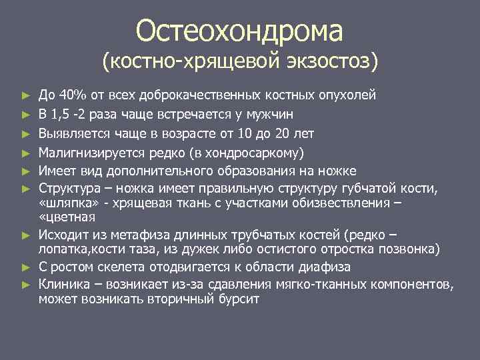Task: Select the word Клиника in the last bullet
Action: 62,285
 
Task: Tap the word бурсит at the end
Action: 239,299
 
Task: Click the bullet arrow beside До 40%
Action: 25,95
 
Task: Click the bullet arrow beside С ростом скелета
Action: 25,268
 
